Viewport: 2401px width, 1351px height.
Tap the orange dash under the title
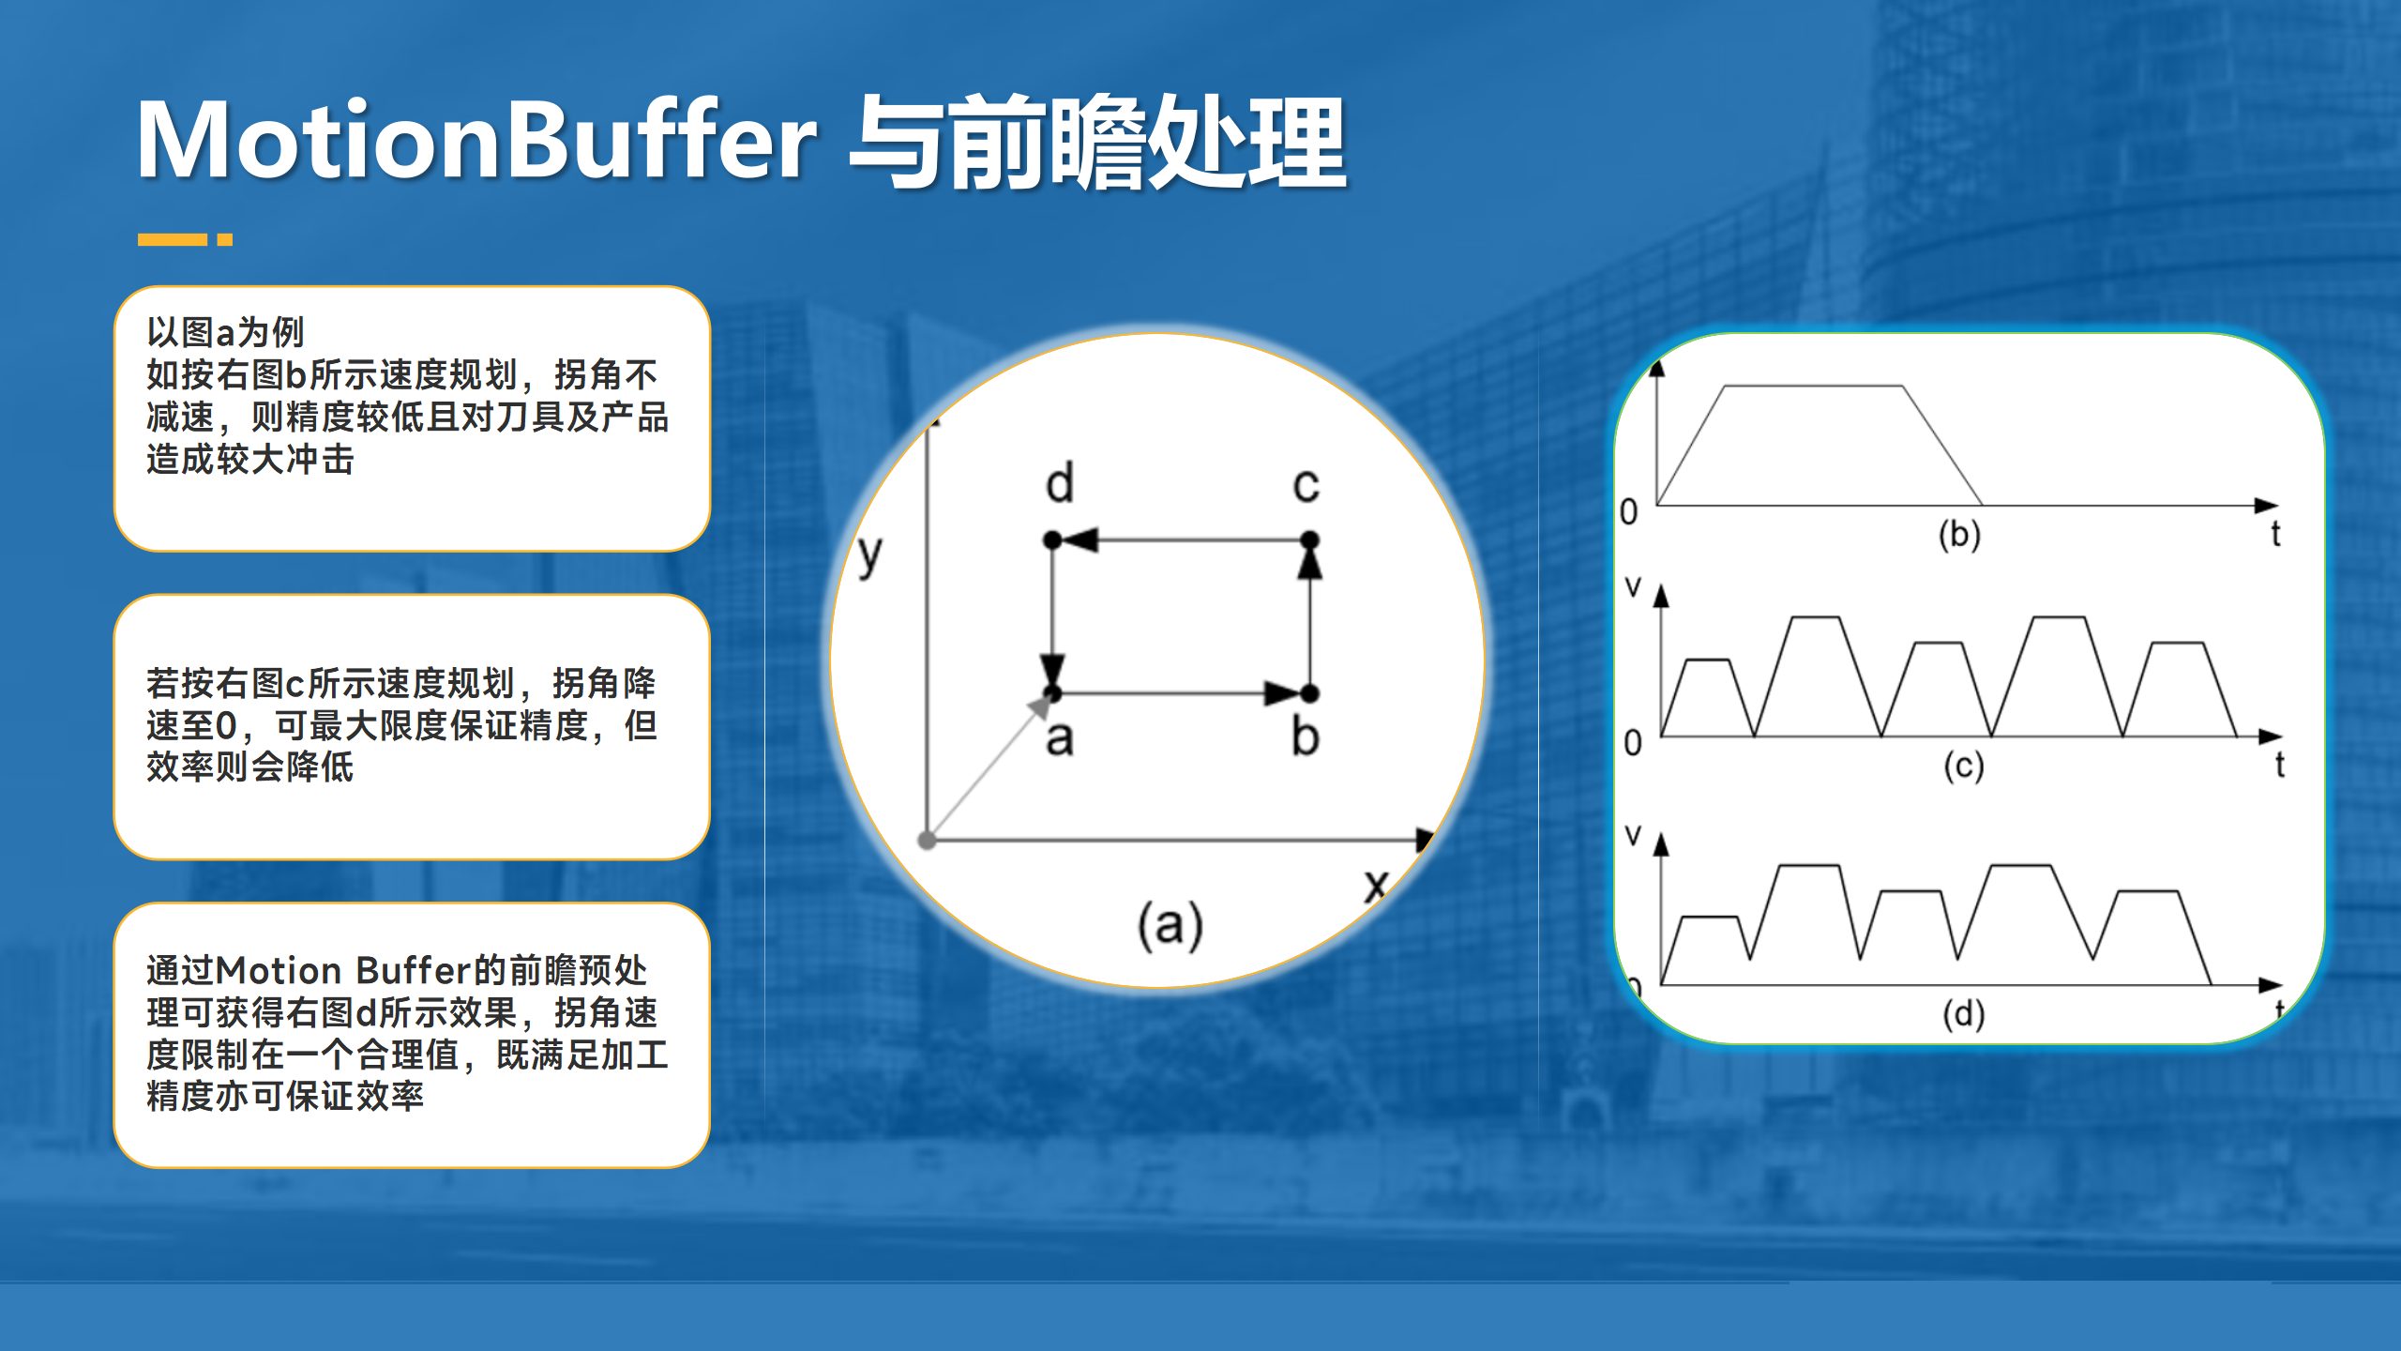173,240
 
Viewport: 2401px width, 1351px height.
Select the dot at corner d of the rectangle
1052,540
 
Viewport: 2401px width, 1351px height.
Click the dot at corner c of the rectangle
1309,540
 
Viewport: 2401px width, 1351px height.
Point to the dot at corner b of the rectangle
1310,694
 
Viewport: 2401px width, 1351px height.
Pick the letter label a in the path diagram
1060,739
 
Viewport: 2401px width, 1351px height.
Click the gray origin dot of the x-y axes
928,841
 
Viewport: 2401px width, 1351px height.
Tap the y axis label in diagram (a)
870,555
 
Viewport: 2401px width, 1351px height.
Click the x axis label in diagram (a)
1375,884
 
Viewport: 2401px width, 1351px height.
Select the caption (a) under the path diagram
1170,926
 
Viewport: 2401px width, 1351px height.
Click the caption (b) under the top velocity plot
1959,535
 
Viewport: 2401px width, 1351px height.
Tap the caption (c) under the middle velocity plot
1963,767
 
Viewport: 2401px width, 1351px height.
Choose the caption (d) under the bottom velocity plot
1963,1014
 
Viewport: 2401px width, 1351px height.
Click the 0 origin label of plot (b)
1629,512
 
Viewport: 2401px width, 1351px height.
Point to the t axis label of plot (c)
2280,765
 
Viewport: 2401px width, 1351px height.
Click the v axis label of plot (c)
1633,587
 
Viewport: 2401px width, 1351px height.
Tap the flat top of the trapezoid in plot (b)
1812,386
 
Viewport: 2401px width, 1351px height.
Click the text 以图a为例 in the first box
225,332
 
